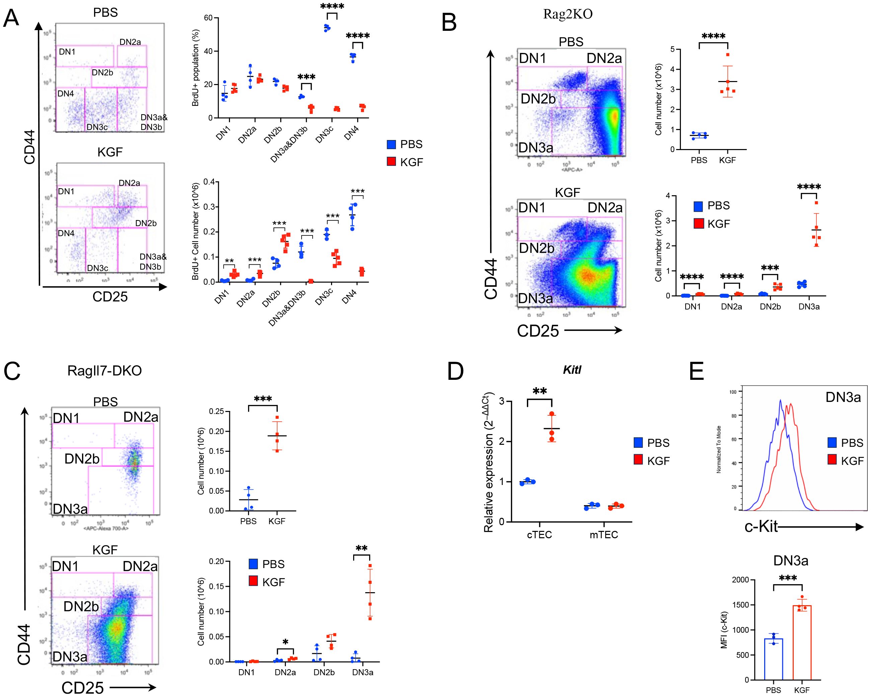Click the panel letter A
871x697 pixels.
click(11, 18)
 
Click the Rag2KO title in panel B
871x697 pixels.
click(568, 14)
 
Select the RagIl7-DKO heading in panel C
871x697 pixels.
click(104, 371)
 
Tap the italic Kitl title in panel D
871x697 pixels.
click(572, 370)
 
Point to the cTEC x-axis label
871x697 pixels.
click(539, 535)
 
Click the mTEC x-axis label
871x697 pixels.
click(604, 535)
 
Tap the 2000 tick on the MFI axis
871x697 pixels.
click(740, 580)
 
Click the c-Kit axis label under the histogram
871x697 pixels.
click(761, 527)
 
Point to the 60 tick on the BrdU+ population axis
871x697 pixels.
click(208, 18)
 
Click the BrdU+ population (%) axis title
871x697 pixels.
click(195, 68)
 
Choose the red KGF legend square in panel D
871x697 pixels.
click(638, 460)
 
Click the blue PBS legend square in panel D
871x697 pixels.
click(638, 442)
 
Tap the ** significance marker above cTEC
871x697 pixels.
click(540, 391)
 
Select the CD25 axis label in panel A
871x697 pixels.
click(110, 297)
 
